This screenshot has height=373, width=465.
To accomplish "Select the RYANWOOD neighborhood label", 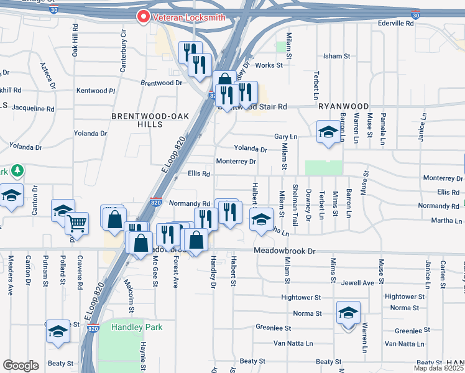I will point(343,106).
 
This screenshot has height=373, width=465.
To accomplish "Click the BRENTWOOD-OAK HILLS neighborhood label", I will point(137,120).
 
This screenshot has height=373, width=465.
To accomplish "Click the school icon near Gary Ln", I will point(328,132).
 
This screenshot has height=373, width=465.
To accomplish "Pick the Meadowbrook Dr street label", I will point(285,251).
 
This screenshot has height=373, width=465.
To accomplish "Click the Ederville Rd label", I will point(395,23).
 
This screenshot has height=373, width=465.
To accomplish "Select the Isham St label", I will point(337,56).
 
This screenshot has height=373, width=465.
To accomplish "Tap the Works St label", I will point(269,65).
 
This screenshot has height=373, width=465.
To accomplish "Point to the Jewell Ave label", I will point(358,283).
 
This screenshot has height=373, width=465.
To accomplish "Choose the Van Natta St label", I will point(291,343).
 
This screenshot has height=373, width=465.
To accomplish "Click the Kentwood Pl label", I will point(96,91).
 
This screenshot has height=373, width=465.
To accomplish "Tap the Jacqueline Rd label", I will point(33,108).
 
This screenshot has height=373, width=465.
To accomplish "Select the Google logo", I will point(21,366).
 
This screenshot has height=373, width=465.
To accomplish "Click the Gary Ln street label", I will point(286,137).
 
